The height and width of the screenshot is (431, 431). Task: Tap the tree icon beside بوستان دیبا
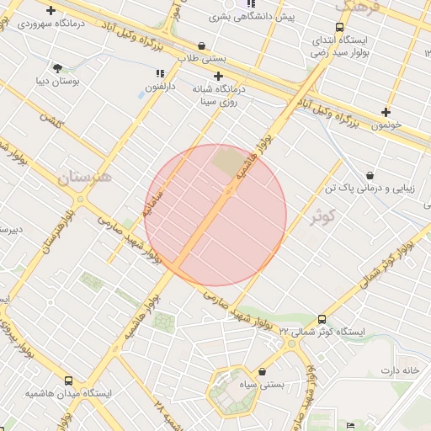[57, 68]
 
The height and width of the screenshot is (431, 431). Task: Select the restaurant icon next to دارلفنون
[160, 74]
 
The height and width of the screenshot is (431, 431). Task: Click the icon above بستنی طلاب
[201, 45]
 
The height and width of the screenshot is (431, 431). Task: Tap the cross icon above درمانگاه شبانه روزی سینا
[218, 76]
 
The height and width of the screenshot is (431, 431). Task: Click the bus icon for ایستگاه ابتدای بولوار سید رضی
[340, 28]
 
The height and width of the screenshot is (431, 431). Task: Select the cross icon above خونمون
[386, 112]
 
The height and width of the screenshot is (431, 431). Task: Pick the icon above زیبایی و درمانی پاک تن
[370, 175]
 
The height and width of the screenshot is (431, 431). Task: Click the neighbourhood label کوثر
[322, 216]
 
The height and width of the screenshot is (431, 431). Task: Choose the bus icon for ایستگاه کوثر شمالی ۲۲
[322, 319]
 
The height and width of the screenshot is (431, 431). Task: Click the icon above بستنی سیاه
[263, 371]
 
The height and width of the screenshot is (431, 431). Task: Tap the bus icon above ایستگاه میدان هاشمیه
[68, 380]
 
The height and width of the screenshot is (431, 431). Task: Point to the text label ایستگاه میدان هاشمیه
[68, 393]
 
